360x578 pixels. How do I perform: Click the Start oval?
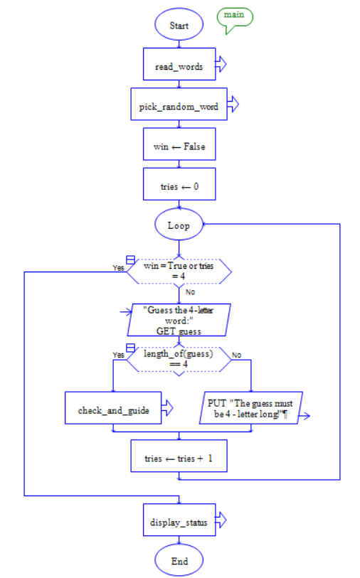coord(179,25)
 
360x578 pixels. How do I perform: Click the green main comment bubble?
coord(235,16)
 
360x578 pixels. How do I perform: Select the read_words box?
coord(179,66)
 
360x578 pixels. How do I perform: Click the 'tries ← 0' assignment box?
coord(179,186)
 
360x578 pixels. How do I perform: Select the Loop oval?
coord(179,225)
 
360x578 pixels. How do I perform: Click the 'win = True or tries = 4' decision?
coord(179,270)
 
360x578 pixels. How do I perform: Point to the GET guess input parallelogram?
coord(179,320)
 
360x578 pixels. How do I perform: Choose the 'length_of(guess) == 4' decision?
coord(179,359)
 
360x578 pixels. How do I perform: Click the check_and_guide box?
coord(113,411)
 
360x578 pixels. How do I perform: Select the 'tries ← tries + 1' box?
coord(179,459)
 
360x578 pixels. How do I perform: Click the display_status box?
coord(179,523)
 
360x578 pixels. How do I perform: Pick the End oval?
coord(179,561)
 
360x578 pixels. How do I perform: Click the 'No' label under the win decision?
coord(190,291)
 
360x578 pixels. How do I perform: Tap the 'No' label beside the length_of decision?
coord(236,354)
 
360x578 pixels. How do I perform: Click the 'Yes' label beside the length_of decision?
coord(118,354)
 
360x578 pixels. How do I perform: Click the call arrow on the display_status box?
coord(221,522)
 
